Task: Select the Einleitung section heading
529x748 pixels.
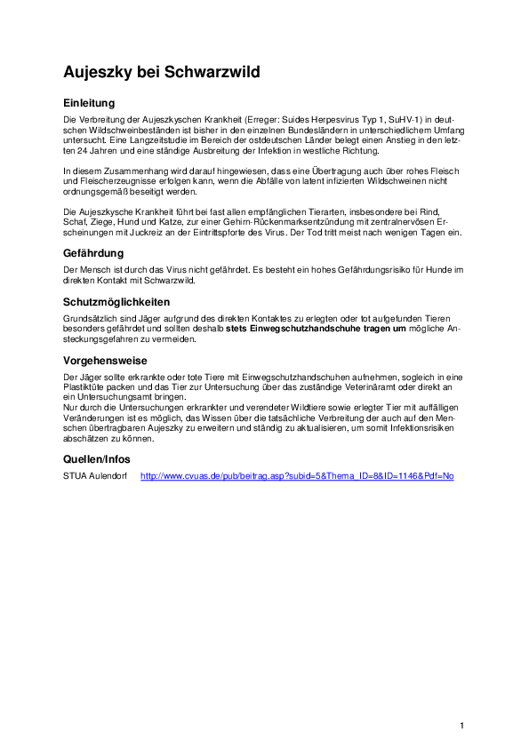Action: (89, 103)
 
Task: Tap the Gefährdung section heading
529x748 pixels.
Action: (93, 253)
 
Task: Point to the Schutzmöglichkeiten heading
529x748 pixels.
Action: (116, 302)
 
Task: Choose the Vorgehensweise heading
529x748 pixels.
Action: (105, 361)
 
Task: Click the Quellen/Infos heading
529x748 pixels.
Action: (97, 459)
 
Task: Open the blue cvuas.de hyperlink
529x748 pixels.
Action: (297, 476)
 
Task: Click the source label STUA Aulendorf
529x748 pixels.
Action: (94, 476)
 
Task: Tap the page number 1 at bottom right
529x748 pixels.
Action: (462, 726)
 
